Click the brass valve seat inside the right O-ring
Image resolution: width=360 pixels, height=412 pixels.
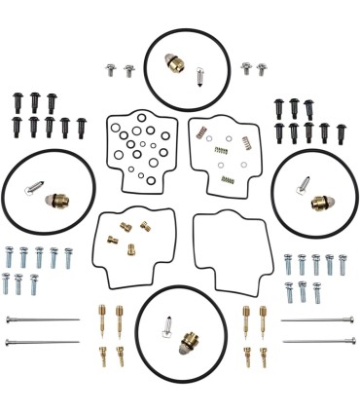[x=320, y=203]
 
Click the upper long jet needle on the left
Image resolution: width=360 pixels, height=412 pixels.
[x=41, y=320]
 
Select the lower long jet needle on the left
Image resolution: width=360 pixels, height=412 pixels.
[x=41, y=342]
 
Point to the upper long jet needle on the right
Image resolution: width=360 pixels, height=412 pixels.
[x=317, y=320]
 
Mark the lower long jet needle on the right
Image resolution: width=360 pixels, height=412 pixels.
[x=317, y=342]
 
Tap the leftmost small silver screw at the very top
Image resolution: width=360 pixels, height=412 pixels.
[x=110, y=70]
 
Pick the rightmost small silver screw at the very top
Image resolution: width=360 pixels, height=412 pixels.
[x=262, y=69]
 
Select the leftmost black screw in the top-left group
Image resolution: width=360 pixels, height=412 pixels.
[x=18, y=100]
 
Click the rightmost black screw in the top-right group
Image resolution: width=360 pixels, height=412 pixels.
[x=342, y=131]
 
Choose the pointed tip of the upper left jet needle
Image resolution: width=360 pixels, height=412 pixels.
[x=78, y=320]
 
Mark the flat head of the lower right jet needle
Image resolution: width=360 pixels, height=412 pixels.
[x=352, y=342]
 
